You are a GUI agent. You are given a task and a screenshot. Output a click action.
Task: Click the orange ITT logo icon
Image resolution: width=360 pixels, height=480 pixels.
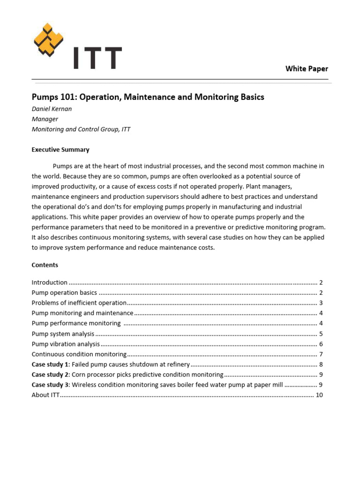[48, 40]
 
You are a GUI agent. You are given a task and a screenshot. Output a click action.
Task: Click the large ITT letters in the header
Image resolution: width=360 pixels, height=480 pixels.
[97, 58]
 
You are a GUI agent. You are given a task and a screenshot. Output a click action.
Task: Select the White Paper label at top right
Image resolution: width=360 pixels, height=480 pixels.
[307, 69]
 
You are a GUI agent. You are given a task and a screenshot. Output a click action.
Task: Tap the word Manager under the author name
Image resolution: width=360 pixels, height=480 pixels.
[45, 119]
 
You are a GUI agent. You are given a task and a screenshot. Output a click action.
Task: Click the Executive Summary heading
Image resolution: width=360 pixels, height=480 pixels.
[60, 150]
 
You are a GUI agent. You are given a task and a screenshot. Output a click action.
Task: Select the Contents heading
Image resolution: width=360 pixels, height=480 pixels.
[45, 265]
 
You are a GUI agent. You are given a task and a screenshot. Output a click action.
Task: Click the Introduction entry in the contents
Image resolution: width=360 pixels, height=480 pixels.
[50, 283]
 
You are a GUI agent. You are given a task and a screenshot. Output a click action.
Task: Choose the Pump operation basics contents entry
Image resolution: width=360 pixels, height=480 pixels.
[64, 293]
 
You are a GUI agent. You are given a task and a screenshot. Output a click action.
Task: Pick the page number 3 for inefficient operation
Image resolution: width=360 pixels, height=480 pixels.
[321, 303]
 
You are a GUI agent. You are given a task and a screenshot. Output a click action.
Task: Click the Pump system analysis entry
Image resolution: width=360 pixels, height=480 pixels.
[63, 334]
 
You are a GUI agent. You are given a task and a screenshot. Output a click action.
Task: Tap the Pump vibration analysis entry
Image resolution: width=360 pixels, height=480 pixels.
[66, 344]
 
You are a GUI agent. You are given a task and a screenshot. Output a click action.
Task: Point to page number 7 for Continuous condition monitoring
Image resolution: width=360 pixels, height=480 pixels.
[321, 354]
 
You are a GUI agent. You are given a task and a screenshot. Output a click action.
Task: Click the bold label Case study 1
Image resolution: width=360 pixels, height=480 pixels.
[50, 365]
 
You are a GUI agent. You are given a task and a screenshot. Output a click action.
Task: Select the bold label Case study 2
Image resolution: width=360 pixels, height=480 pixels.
[50, 375]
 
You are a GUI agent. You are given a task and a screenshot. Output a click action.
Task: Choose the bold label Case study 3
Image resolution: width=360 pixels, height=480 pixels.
[50, 385]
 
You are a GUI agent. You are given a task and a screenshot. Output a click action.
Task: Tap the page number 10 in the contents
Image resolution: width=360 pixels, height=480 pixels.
[319, 395]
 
